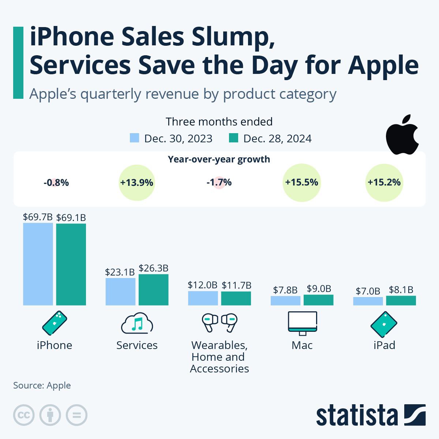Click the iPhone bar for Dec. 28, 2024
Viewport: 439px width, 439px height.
71,264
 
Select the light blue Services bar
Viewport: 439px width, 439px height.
120,292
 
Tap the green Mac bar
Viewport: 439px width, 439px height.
318,300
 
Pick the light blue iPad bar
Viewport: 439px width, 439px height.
368,301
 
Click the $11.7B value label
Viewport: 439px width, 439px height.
236,285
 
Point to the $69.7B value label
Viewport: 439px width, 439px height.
38,217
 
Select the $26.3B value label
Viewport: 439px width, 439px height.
153,268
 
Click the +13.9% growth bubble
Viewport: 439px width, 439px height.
137,183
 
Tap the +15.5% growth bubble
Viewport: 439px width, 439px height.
302,183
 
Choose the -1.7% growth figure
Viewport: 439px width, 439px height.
219,183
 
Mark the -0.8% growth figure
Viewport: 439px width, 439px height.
56,183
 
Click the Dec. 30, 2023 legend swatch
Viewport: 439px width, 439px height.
135,138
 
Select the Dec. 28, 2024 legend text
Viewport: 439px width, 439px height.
277,139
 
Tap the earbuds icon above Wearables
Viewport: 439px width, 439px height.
219,322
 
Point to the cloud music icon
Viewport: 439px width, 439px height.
137,323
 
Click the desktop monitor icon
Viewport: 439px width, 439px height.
303,323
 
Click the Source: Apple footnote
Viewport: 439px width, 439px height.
42,385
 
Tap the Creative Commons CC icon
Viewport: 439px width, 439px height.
24,415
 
